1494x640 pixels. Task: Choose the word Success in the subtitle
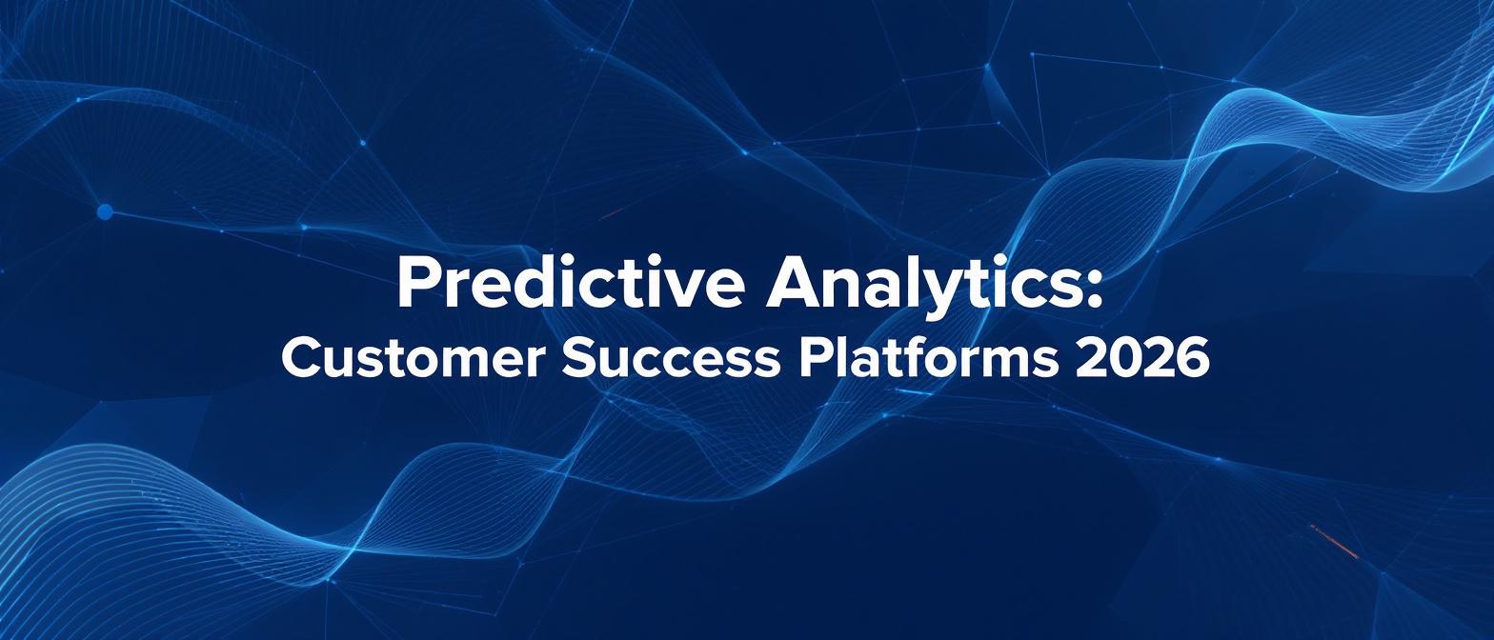669,359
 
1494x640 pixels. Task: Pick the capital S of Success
579,359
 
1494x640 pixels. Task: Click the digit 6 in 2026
1194,359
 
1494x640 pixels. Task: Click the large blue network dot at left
105,212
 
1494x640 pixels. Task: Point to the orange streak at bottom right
1334,541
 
